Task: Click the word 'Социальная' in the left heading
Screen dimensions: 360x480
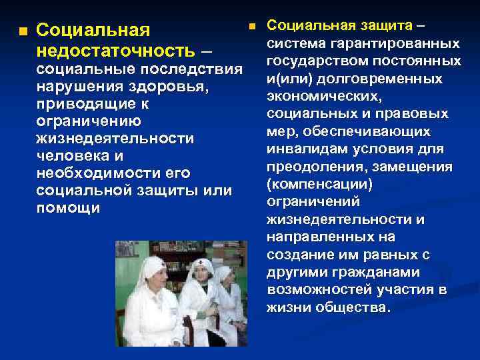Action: [92, 31]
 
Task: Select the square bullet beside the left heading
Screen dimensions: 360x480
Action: [23, 31]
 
